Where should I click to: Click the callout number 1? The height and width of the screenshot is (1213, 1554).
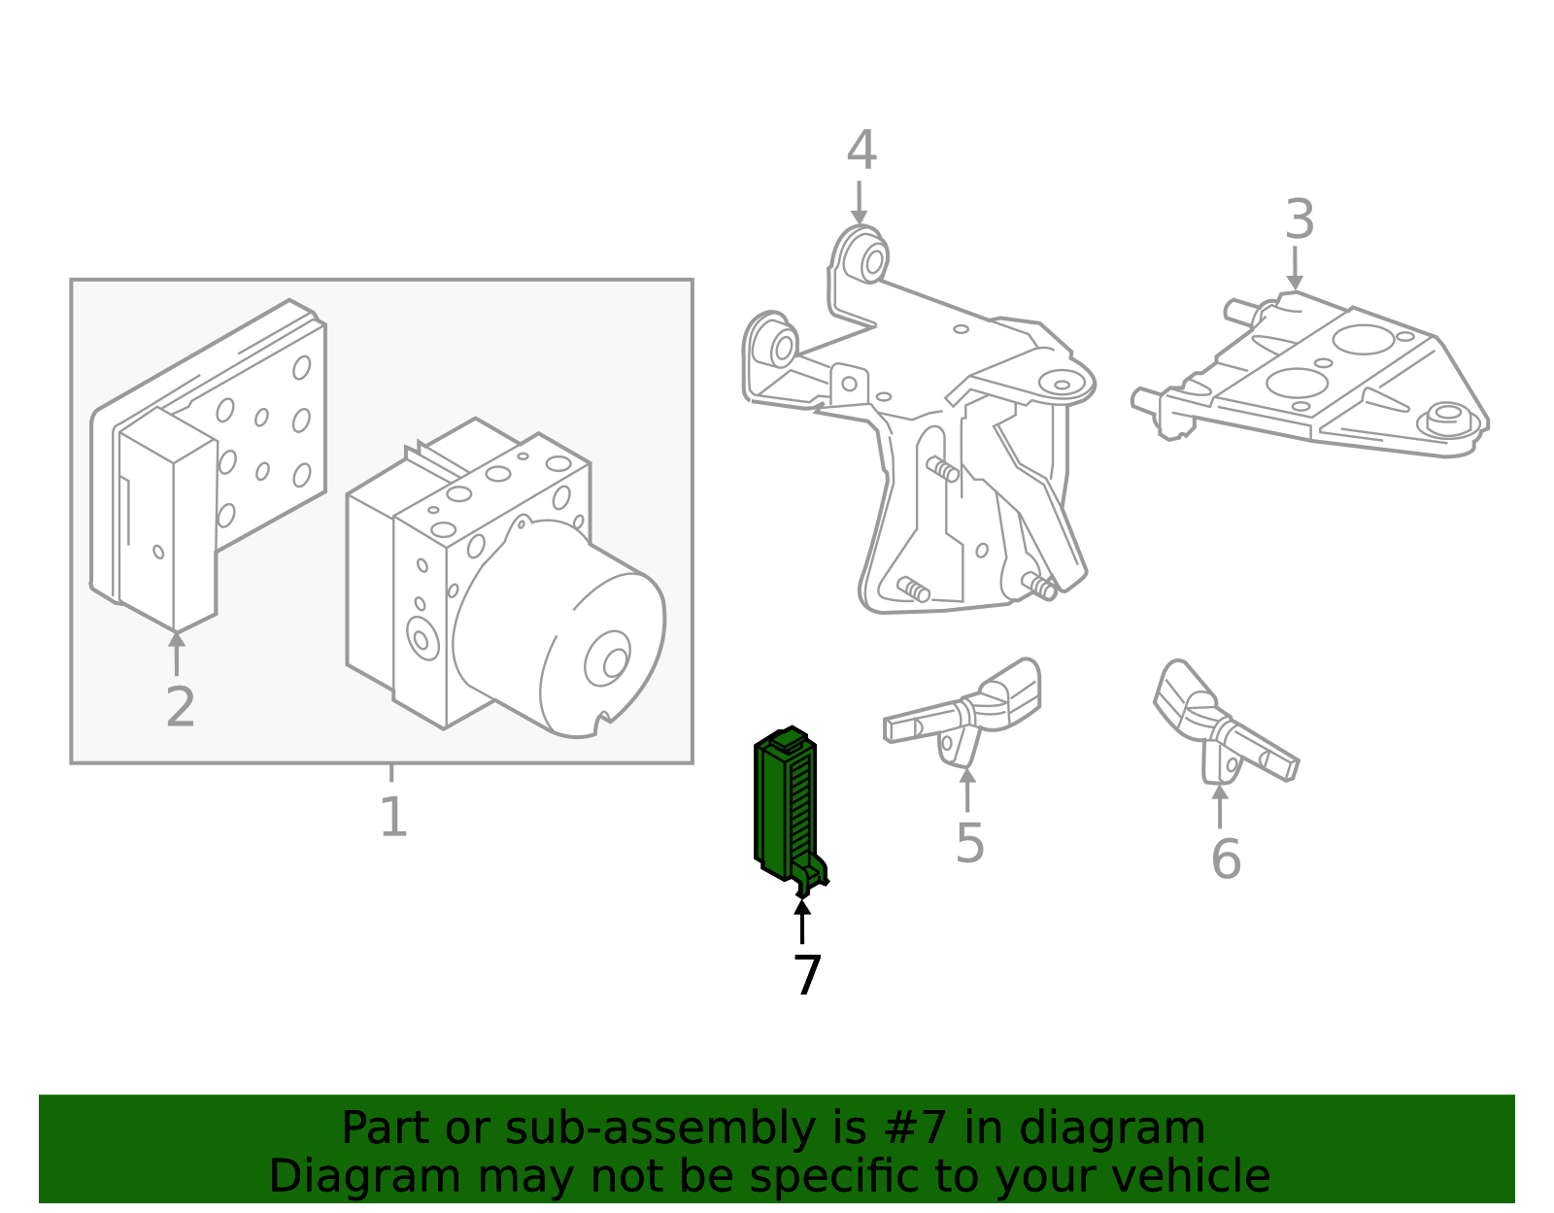coord(392,818)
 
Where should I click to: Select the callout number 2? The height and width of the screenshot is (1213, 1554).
coord(181,707)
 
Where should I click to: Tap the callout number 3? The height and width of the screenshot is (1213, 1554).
coord(1300,220)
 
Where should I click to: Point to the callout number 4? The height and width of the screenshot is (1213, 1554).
coord(861,152)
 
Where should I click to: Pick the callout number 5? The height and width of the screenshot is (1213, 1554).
coord(969,843)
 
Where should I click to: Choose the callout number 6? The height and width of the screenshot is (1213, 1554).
coord(1226,859)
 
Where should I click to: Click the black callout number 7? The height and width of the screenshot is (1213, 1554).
coord(806,975)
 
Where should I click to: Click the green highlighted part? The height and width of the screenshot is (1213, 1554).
coord(785,806)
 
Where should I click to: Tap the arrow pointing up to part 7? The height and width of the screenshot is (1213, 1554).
coord(802,921)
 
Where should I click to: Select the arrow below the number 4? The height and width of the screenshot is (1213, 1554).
coord(859,204)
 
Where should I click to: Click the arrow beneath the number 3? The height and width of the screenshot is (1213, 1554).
coord(1295,268)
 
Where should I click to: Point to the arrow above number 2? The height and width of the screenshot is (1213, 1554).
coord(177,653)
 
